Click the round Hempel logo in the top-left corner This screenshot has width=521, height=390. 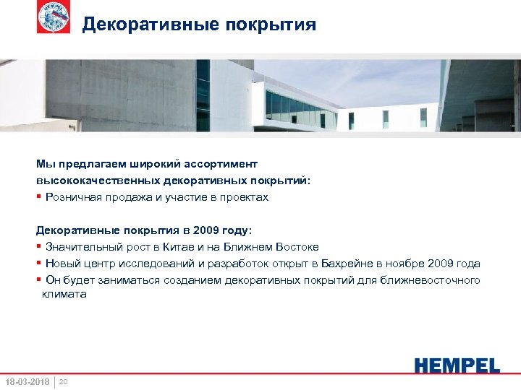click(54, 17)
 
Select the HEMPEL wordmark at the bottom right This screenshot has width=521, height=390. click(457, 365)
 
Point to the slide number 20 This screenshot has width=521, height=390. click(63, 381)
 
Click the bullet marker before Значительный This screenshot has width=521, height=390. click(39, 247)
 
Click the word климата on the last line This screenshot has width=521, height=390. click(64, 294)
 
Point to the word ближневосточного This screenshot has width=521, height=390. click(434, 280)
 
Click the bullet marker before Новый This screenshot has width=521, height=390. click(39, 264)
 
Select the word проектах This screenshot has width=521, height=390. click(243, 197)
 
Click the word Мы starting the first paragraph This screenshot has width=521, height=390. click(45, 164)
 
